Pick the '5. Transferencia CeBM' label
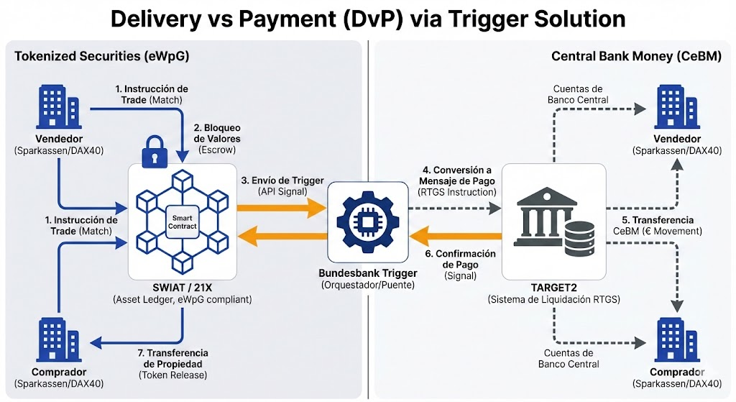pos(658,224)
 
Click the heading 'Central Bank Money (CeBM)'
pos(636,56)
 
